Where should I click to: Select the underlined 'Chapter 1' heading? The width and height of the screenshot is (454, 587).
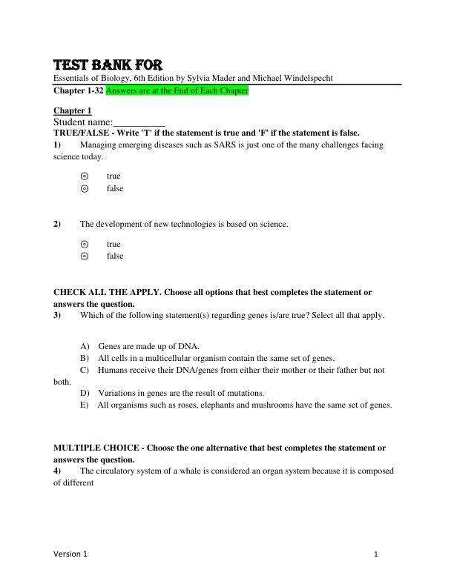pyautogui.click(x=73, y=110)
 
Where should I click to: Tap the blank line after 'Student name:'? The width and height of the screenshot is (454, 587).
pyautogui.click(x=139, y=122)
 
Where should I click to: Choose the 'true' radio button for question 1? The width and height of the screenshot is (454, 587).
pyautogui.click(x=84, y=176)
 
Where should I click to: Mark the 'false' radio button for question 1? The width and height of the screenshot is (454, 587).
pyautogui.click(x=84, y=189)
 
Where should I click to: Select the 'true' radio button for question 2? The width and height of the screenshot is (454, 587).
pyautogui.click(x=84, y=244)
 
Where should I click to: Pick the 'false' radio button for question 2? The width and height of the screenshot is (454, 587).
pyautogui.click(x=84, y=256)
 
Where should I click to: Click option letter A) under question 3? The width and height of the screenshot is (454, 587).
pyautogui.click(x=85, y=346)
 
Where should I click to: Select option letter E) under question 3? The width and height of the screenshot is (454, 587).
pyautogui.click(x=84, y=405)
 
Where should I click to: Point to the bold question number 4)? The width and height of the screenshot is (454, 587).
pyautogui.click(x=58, y=471)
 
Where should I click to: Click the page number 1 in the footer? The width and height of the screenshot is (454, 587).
pyautogui.click(x=376, y=554)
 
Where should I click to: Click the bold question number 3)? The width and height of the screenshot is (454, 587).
pyautogui.click(x=58, y=315)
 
